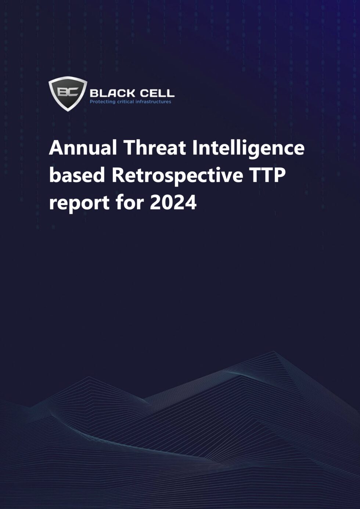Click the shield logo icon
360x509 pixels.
pos(68,93)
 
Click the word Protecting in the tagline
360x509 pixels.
pos(102,102)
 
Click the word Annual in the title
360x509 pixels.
pos(83,148)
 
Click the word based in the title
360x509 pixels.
pos(77,176)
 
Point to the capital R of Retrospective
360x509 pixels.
pos(119,176)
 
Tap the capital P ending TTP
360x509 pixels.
pos(279,176)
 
